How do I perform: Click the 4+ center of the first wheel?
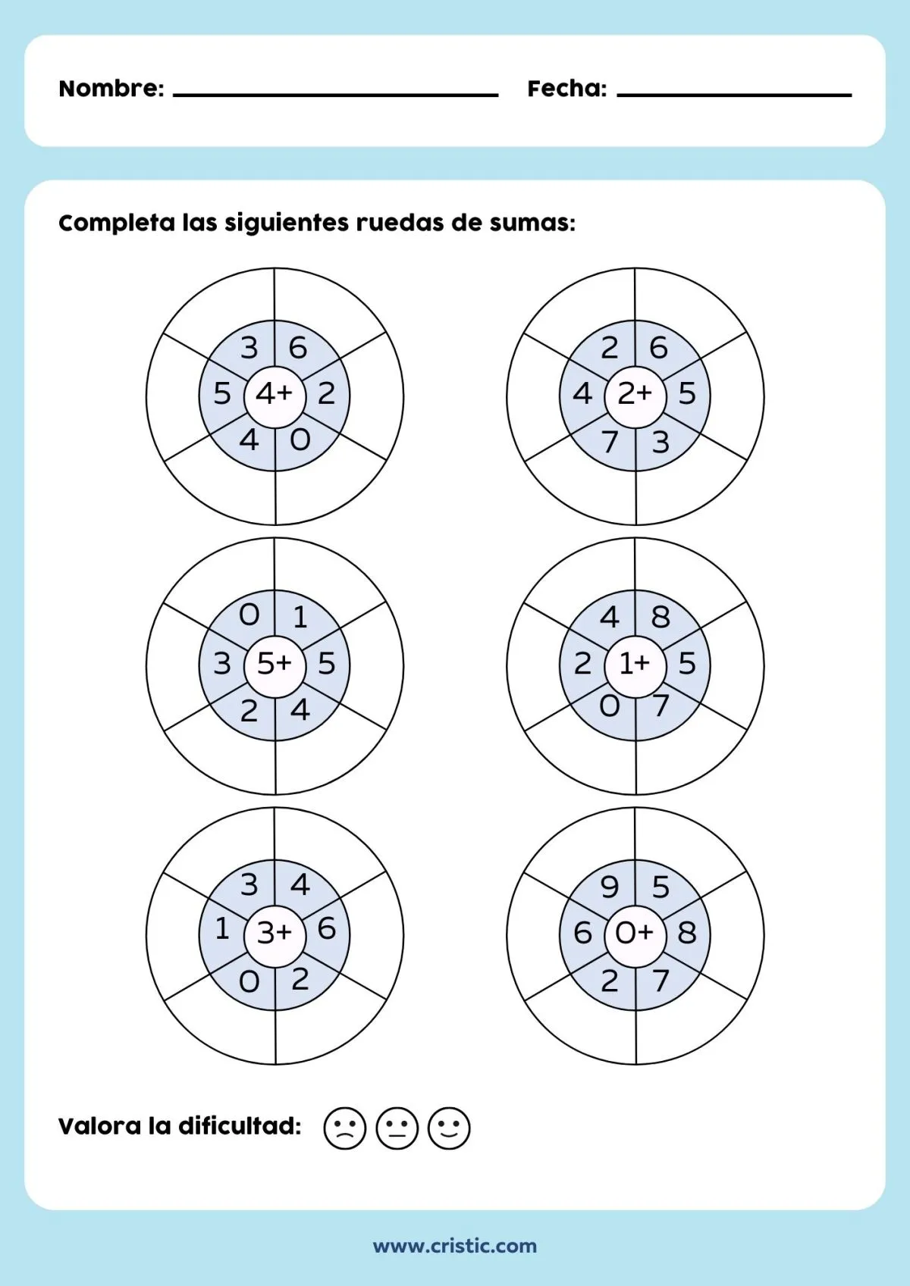275,394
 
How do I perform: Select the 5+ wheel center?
275,664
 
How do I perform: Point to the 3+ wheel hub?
275,933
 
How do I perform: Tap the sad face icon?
345,1128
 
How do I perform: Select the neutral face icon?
397,1128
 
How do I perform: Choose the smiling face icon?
450,1128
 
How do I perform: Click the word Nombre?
111,89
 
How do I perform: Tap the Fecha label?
566,89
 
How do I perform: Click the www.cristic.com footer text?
455,1246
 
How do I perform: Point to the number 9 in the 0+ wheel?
610,887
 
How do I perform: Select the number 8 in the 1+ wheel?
661,618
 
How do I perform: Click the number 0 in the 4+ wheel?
300,440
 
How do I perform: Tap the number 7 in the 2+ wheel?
610,441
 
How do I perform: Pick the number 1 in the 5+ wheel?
300,618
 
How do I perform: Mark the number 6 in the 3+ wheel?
327,928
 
